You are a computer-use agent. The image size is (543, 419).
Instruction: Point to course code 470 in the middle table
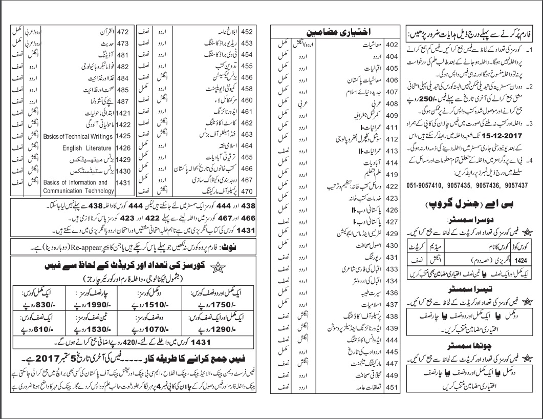(248, 191)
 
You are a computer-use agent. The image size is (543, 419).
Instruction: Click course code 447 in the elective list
(392, 364)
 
